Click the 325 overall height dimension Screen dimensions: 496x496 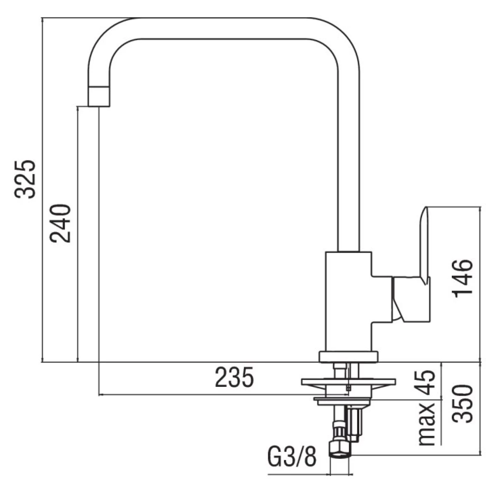pyautogui.click(x=25, y=179)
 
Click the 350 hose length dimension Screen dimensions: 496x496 pyautogui.click(x=462, y=404)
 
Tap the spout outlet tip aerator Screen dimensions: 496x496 pyautogui.click(x=100, y=97)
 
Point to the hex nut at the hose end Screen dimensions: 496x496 pyautogui.click(x=340, y=448)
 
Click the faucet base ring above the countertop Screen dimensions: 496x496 pyautogui.click(x=348, y=357)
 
